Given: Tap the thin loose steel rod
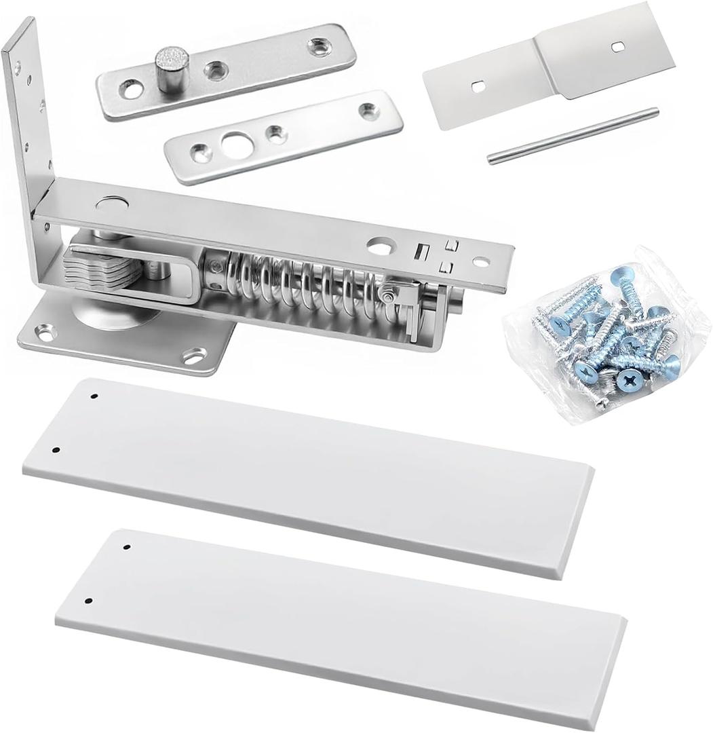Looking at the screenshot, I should pos(573,136).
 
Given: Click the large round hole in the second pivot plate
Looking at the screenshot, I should pos(235,144).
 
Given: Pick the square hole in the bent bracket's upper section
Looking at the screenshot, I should pos(617,46).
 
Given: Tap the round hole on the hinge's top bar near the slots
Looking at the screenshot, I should pos(380,246).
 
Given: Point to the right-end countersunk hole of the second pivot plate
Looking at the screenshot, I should pos(370,111).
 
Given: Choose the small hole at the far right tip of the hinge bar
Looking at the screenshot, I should pos(481,262).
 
